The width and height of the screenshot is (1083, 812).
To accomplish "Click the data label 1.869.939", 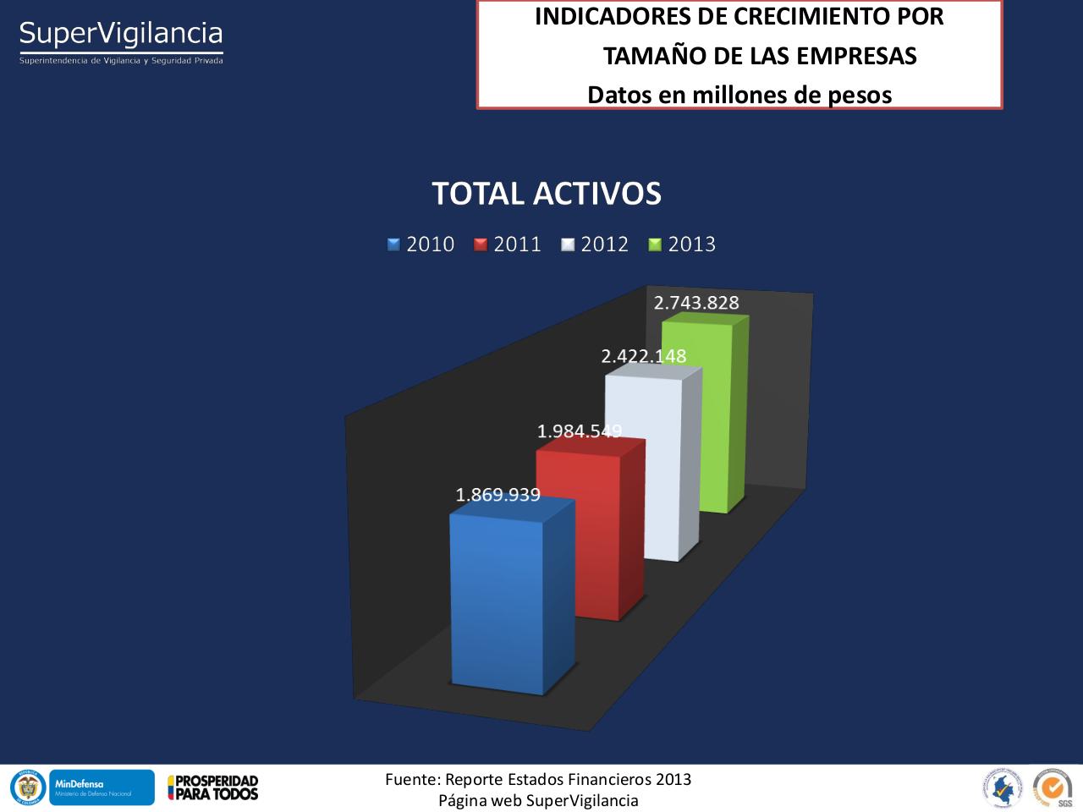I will pos(498,495).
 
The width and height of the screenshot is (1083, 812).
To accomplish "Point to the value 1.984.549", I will pos(580,431).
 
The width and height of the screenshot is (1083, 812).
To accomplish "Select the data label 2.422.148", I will pos(644,356).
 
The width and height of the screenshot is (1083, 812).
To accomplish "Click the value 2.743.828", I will pos(696,303).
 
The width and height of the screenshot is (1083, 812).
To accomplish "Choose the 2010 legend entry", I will pos(421,244).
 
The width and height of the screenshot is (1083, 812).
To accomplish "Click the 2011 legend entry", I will pos(508,244).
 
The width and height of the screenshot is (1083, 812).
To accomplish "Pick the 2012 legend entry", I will pos(595,244).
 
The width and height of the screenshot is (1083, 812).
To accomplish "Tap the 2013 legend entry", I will pos(682,244).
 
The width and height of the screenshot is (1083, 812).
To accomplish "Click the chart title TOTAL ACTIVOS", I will pos(547,194).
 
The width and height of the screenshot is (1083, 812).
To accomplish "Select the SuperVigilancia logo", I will pos(121,40).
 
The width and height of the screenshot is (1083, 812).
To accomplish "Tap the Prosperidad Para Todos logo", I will pos(212,787).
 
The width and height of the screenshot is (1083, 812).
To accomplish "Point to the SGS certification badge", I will pos(1053,787).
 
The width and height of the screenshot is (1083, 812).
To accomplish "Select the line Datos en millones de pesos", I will pos(739,95).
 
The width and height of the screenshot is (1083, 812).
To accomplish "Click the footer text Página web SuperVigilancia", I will pos(538,800).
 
